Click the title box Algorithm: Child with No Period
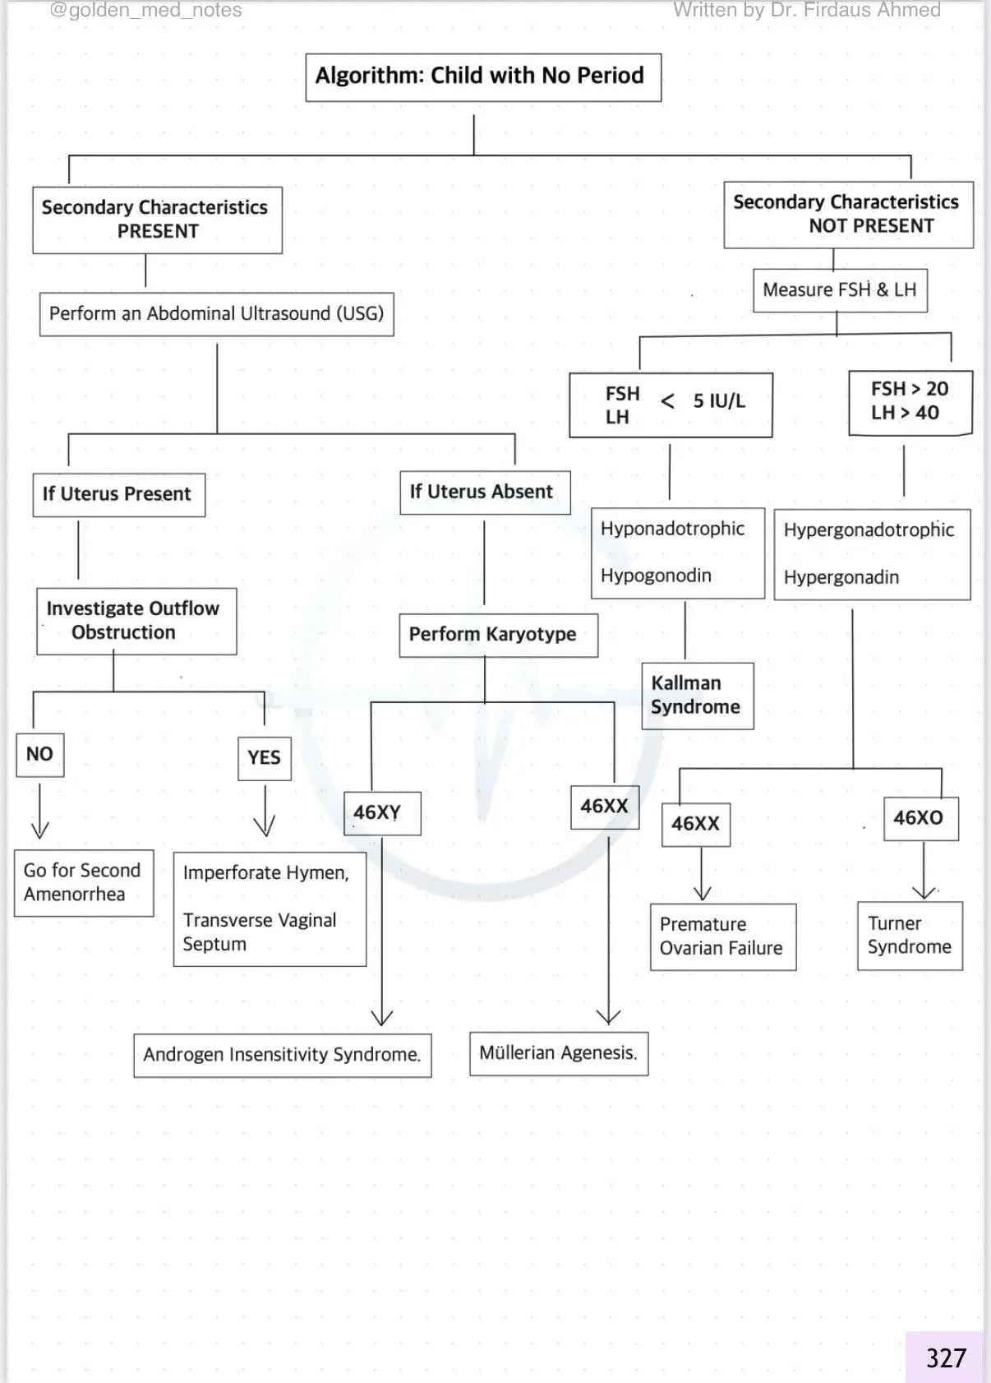[483, 77]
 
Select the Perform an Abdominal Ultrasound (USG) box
[217, 314]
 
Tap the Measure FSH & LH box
[840, 290]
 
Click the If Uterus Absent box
[485, 493]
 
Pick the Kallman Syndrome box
[697, 696]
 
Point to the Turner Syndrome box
[910, 936]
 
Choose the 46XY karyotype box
[382, 813]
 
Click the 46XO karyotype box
[920, 818]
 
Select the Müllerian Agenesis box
[559, 1053]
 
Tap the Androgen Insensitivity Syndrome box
[283, 1055]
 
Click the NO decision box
[39, 755]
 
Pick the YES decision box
[264, 758]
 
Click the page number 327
[946, 1358]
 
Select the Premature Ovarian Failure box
[722, 937]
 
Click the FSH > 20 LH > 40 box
[910, 402]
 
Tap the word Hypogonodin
[656, 576]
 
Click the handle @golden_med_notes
[146, 11]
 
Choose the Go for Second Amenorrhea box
[84, 882]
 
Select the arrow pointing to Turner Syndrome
[924, 872]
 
